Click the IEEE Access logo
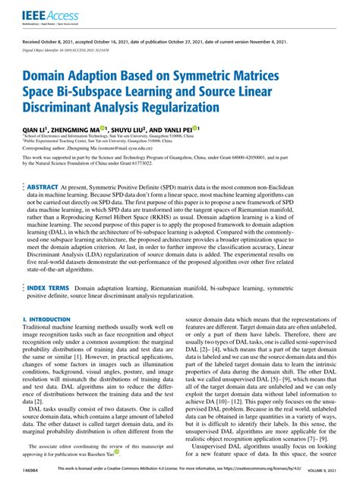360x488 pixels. click(43, 13)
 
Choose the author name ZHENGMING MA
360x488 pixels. click(81, 130)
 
